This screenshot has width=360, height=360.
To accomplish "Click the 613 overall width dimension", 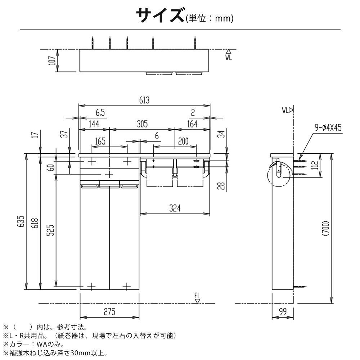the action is (144, 100).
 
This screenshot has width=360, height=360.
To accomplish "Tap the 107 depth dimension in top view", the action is (53, 60).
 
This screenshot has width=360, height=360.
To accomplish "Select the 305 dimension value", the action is (142, 124).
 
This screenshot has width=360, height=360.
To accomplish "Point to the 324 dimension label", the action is (175, 208).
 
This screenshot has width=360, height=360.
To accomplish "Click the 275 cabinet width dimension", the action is (109, 312).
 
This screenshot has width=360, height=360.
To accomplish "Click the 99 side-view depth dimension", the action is (283, 311).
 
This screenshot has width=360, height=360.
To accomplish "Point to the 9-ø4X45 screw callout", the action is (328, 127).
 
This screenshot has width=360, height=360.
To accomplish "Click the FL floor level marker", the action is (197, 298).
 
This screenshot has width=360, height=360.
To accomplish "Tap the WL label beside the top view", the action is (229, 55).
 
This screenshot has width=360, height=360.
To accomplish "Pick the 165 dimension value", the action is (100, 141).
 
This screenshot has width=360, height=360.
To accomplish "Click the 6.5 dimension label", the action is (100, 112).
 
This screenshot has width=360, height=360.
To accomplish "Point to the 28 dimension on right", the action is (221, 186).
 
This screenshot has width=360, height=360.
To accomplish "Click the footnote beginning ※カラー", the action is (33, 344).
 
